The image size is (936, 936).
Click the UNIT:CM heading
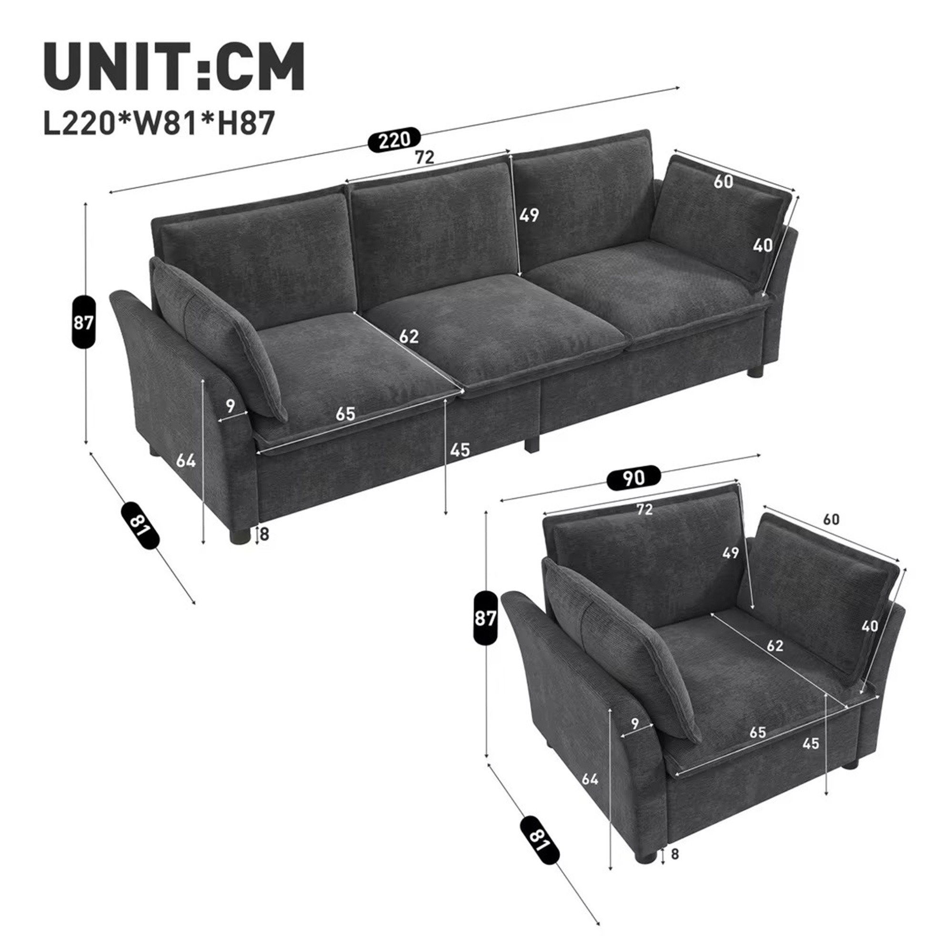pyautogui.click(x=174, y=66)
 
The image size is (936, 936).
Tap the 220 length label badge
pyautogui.click(x=394, y=140)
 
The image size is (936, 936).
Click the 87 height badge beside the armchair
pyautogui.click(x=485, y=617)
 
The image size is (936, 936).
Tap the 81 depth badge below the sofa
pyautogui.click(x=140, y=525)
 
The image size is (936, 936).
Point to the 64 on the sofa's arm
pyautogui.click(x=186, y=460)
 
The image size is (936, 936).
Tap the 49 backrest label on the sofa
pyautogui.click(x=529, y=215)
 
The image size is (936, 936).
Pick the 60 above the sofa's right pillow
pyautogui.click(x=724, y=181)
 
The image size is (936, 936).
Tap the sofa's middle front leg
pyautogui.click(x=531, y=443)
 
